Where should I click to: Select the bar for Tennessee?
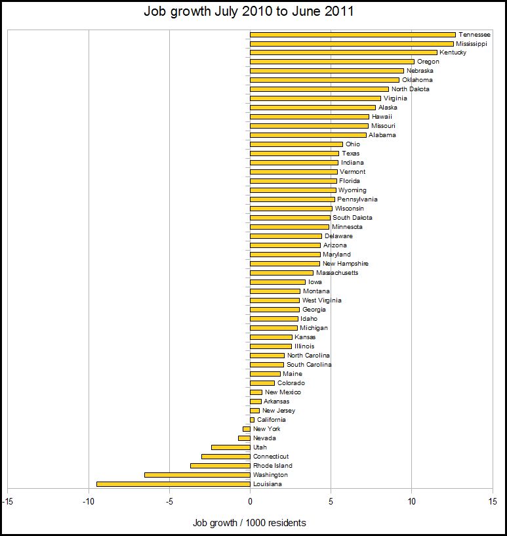[352, 34]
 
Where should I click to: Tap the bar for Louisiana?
[173, 484]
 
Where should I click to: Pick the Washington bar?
[197, 475]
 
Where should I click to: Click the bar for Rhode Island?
[220, 466]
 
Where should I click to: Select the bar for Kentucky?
[343, 52]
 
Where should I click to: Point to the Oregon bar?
[332, 62]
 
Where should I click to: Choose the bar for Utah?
[230, 447]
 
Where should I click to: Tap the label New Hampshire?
[345, 264]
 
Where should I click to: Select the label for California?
[271, 420]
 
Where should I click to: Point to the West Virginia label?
[321, 300]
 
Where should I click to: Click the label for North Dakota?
[410, 89]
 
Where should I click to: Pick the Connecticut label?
[271, 457]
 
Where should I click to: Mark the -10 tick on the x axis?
[89, 502]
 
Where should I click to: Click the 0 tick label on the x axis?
[250, 502]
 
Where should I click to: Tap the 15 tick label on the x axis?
[492, 502]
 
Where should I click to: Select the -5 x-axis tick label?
[169, 502]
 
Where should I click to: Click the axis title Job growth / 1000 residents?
[249, 523]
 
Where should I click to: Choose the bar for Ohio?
[296, 144]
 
